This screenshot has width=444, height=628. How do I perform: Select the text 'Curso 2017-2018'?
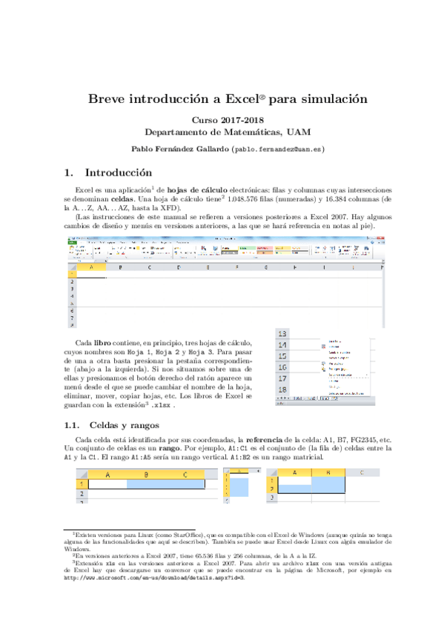[222, 118]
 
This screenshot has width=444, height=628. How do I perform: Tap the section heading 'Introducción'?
[118, 173]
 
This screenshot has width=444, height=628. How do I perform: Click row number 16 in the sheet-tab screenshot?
[282, 367]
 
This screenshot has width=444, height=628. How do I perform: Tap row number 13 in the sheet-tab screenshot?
[282, 334]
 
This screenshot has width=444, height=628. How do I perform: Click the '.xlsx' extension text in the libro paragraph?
[161, 406]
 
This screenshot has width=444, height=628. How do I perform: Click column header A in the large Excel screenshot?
[92, 267]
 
